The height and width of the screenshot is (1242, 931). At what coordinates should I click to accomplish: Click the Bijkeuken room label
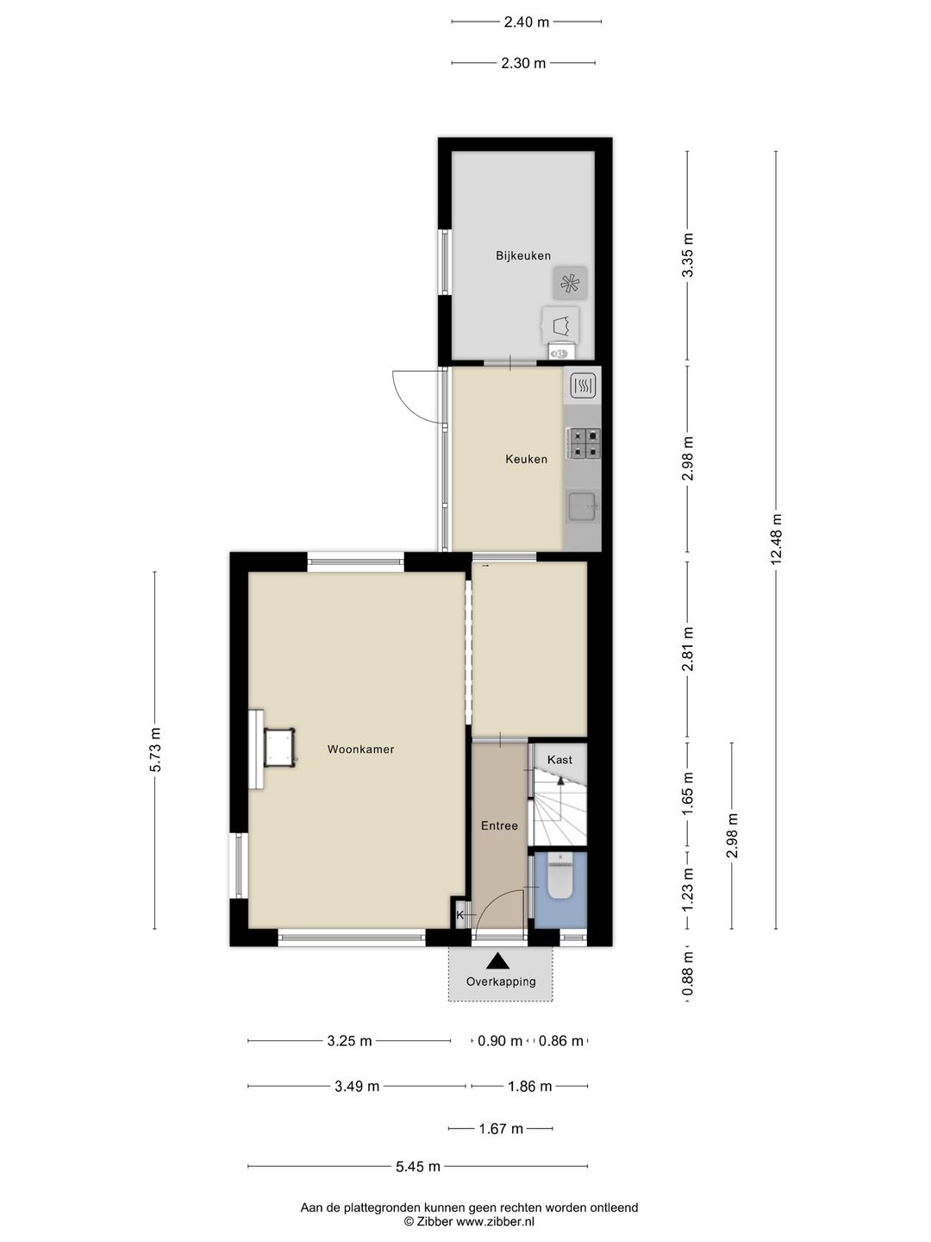523,256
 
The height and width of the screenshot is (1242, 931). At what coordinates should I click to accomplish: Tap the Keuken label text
526,459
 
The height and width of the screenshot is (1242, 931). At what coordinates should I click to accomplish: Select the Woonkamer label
360,750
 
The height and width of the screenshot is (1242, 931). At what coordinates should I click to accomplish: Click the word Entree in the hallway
499,825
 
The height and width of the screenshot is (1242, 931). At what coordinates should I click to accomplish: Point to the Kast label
559,759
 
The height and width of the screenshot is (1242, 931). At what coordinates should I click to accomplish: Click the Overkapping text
501,982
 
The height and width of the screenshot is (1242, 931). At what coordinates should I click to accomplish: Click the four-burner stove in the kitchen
584,443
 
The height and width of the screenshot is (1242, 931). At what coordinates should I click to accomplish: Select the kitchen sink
584,505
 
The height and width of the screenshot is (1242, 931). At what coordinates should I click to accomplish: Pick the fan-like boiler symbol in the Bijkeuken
570,284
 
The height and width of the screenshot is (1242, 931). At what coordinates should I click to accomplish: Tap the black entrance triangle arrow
497,960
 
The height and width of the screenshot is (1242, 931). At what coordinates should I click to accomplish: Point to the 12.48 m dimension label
776,539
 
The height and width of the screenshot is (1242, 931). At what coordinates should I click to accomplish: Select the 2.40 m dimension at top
526,22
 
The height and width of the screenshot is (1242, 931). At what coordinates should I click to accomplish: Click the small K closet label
459,914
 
